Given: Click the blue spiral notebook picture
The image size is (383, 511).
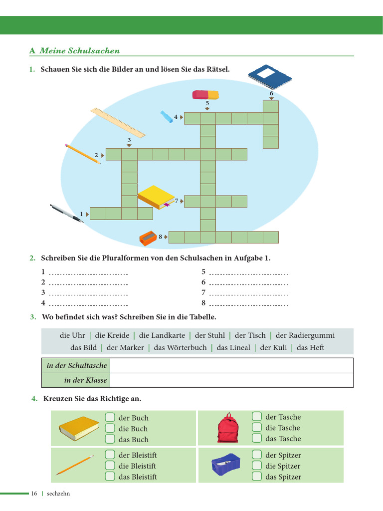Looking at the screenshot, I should click(x=269, y=77).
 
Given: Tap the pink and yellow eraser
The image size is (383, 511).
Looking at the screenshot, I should click(x=205, y=94).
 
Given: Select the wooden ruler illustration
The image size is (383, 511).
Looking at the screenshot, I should click(x=118, y=122).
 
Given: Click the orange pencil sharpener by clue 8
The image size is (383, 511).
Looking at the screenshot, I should click(x=148, y=238).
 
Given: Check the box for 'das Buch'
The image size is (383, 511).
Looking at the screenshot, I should click(x=110, y=439).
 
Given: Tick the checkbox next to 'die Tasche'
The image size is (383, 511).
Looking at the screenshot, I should click(x=257, y=427).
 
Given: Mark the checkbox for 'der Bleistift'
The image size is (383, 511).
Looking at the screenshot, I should click(x=110, y=455).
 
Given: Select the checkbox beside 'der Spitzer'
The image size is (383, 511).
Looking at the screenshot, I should click(x=257, y=455).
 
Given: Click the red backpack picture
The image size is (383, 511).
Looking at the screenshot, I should click(x=228, y=428).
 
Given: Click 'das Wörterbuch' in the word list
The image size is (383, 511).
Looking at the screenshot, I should click(x=180, y=347).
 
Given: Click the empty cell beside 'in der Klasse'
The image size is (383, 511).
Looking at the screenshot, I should click(x=231, y=380).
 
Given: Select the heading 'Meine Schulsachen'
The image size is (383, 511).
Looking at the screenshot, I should click(x=80, y=51).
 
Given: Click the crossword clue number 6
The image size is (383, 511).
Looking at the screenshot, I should click(x=271, y=93).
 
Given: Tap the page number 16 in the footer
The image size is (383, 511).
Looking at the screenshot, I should click(x=34, y=494).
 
